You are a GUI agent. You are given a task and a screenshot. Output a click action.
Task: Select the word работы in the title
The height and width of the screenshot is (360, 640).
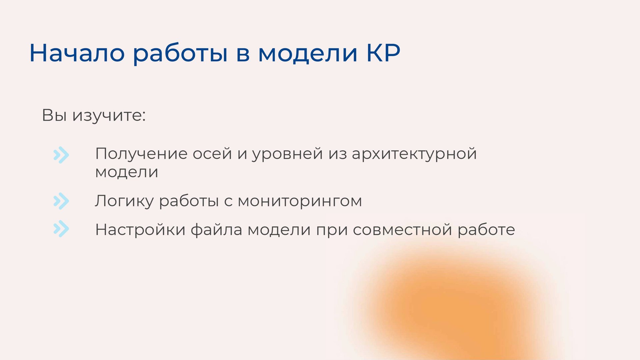(x=180, y=53)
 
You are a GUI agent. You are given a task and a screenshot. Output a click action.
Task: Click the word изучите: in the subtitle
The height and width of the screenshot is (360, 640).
(x=109, y=116)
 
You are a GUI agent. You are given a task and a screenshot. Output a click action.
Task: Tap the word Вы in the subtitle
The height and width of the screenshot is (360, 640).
(x=54, y=115)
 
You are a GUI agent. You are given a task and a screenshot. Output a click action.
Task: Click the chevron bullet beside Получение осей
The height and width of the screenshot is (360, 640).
(x=61, y=155)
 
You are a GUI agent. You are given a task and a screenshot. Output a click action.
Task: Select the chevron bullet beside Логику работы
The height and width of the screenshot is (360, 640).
(x=61, y=201)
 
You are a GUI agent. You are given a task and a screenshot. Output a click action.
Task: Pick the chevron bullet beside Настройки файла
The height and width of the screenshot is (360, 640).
(x=61, y=229)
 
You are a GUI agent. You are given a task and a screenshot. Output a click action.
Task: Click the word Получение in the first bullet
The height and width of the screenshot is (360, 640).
(x=141, y=154)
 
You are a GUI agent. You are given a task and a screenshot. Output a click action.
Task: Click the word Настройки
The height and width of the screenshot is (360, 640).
(x=140, y=230)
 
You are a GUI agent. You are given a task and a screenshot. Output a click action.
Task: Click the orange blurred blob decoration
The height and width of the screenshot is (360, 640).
(x=457, y=307)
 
